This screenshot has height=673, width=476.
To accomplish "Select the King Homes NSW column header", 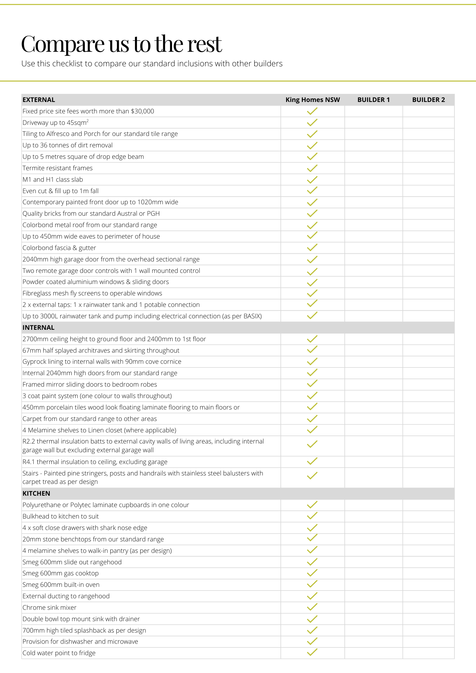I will point(312,100).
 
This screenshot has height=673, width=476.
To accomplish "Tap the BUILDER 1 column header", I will point(373,100).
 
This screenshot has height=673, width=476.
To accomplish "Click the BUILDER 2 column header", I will point(428,100).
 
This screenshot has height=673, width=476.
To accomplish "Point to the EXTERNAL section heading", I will point(39,100).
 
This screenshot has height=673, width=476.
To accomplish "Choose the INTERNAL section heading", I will point(38,328).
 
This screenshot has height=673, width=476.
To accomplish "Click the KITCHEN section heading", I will point(36,494).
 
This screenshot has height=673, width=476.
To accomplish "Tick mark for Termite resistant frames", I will point(312,168).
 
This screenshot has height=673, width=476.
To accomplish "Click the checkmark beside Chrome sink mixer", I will point(312,607).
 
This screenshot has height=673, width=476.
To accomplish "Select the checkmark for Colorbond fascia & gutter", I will point(312,248).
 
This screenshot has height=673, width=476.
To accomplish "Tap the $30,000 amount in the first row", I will point(142,111).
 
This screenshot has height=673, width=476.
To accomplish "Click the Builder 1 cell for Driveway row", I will point(373,123).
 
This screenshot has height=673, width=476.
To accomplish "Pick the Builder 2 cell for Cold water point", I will point(428,653).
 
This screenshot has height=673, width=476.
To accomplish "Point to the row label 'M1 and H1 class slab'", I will point(53,180).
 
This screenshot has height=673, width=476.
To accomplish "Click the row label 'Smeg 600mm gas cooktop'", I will point(61,573).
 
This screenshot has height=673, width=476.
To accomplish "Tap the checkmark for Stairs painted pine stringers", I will point(312,476).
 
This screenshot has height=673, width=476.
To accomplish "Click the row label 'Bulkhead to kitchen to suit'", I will point(61,517).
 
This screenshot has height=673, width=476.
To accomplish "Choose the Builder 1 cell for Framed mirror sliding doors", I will point(373,385).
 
